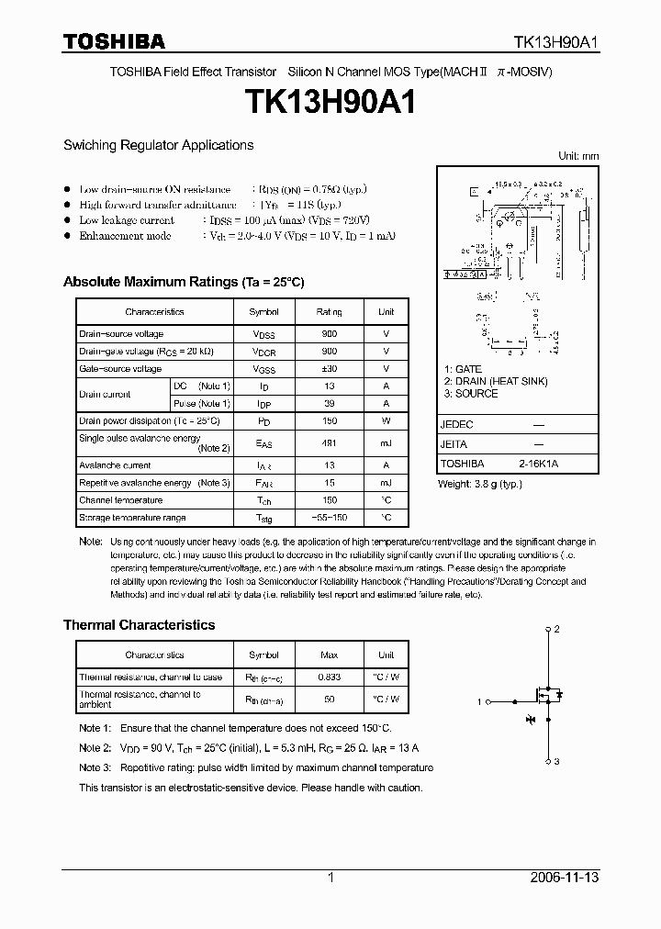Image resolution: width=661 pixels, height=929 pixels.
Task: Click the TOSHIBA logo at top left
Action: (x=114, y=41)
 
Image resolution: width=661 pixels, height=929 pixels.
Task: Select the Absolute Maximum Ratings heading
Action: (x=183, y=282)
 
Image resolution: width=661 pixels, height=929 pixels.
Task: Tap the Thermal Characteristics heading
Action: (x=139, y=625)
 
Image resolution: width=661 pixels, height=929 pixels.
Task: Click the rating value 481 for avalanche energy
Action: (x=328, y=443)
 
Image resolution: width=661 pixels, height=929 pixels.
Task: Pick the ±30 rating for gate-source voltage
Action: (x=328, y=369)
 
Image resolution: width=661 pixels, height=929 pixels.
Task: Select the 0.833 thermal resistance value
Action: (x=328, y=677)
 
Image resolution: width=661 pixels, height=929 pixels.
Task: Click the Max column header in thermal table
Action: (x=328, y=655)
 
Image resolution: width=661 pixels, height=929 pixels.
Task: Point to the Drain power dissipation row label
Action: (x=149, y=420)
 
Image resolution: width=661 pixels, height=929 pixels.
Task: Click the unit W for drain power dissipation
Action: (x=386, y=420)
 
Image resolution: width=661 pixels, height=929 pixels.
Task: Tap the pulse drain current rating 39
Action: (x=328, y=403)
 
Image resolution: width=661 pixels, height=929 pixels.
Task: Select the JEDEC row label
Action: (x=457, y=425)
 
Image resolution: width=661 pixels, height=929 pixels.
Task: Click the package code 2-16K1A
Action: (x=538, y=464)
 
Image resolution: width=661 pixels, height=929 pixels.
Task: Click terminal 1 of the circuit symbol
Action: (x=480, y=701)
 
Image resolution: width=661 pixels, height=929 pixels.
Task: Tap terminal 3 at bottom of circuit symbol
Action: (x=555, y=762)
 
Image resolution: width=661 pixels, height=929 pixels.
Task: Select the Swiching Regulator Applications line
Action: (x=158, y=145)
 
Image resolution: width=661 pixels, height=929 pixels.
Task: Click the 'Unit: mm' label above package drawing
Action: (x=578, y=156)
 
